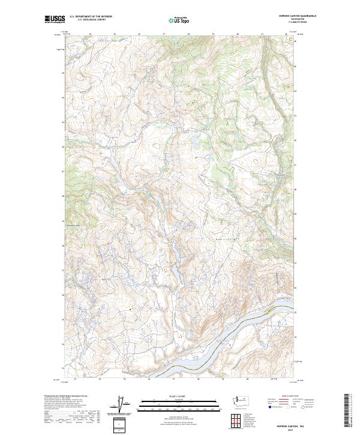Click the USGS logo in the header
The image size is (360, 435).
55,19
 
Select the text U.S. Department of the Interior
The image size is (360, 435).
91,17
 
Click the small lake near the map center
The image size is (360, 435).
194,143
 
